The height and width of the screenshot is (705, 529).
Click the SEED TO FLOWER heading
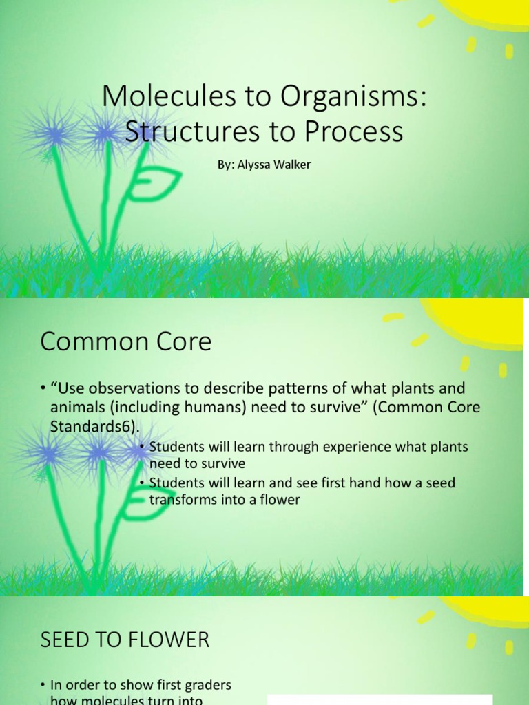click(125, 640)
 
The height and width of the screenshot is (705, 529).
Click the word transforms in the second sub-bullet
click(183, 500)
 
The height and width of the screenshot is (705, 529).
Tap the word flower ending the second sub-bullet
click(280, 500)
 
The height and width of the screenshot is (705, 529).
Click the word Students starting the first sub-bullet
click(176, 447)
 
